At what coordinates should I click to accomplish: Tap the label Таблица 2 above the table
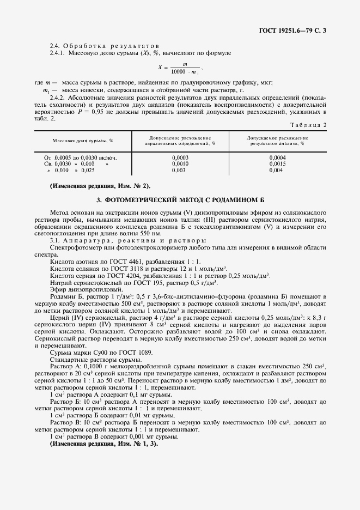[310, 125]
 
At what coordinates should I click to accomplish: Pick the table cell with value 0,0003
[180, 157]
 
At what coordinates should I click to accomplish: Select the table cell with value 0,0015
[277, 163]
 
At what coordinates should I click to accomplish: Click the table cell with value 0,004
[277, 170]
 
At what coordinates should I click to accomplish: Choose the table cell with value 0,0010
[180, 163]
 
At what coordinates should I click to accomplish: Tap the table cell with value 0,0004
[277, 157]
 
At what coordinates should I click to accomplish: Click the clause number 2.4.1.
[58, 53]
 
